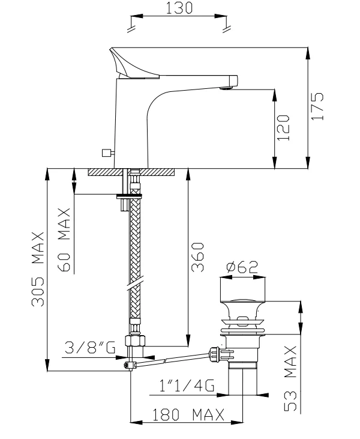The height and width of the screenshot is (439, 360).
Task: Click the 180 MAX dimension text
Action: coord(187,415)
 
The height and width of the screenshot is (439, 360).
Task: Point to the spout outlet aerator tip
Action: coord(226,87)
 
